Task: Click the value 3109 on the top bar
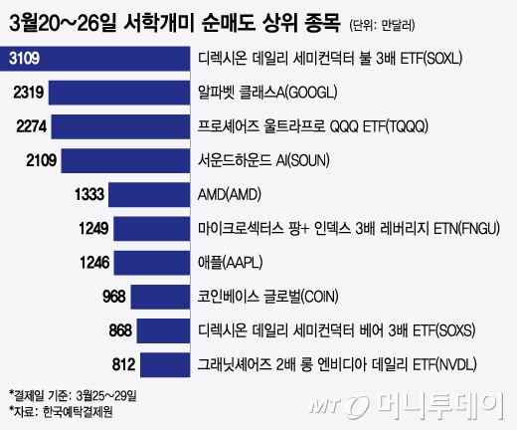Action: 24,60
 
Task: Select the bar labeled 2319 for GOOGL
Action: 120,94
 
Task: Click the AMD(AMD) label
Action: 231,194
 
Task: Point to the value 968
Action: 116,296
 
